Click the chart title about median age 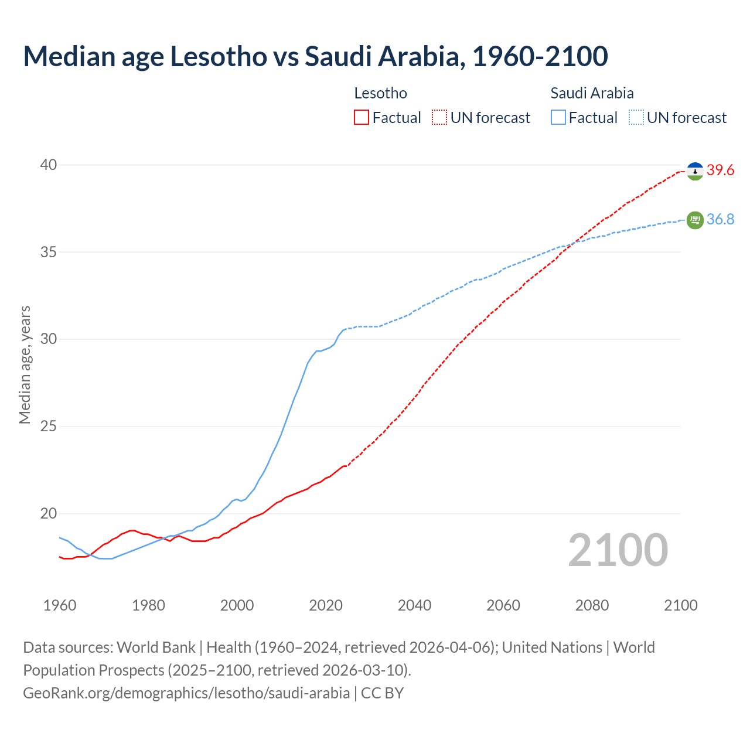pos(315,56)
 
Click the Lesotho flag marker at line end pos(695,171)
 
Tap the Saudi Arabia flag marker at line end pos(695,220)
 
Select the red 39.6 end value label pos(720,171)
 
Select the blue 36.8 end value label pos(720,219)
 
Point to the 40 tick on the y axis pos(48,165)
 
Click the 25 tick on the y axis pos(48,426)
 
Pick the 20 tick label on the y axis pos(48,513)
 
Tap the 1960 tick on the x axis pos(60,605)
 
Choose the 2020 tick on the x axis pos(326,605)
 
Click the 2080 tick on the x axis pos(592,605)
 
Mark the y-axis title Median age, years pos(25,364)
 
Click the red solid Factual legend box pos(362,118)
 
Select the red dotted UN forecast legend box pos(439,118)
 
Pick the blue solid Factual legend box pos(558,118)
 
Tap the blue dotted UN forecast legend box pos(636,118)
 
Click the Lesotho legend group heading pos(380,93)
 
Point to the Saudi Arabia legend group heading pos(592,93)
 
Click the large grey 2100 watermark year pos(618,550)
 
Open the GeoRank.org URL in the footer pos(186,693)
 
